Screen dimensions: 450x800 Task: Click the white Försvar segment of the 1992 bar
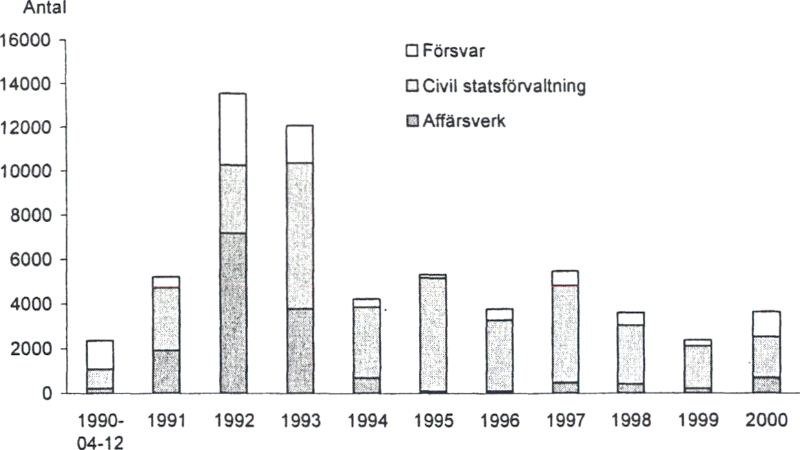click(232, 129)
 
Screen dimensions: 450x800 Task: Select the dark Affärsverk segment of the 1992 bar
click(232, 313)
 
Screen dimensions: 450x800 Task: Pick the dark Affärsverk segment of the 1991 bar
click(166, 371)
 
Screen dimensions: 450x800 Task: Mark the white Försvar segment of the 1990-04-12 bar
click(100, 355)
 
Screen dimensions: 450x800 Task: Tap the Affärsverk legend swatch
click(412, 123)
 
